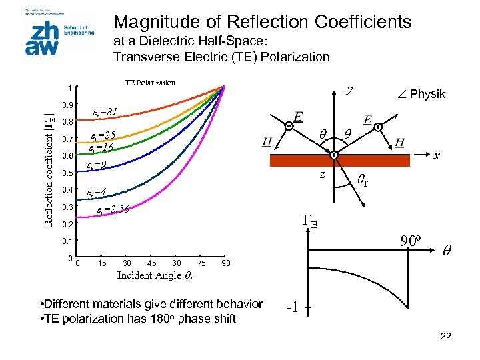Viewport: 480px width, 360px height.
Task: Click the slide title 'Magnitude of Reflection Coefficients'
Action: click(263, 21)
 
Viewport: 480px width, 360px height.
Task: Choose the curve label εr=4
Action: click(97, 192)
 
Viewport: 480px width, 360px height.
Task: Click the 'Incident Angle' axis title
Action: click(155, 275)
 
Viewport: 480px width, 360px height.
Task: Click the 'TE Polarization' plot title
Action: click(150, 83)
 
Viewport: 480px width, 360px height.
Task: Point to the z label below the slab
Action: click(321, 174)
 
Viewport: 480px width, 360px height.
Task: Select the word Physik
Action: click(427, 94)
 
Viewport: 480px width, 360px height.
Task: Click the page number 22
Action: click(446, 336)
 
